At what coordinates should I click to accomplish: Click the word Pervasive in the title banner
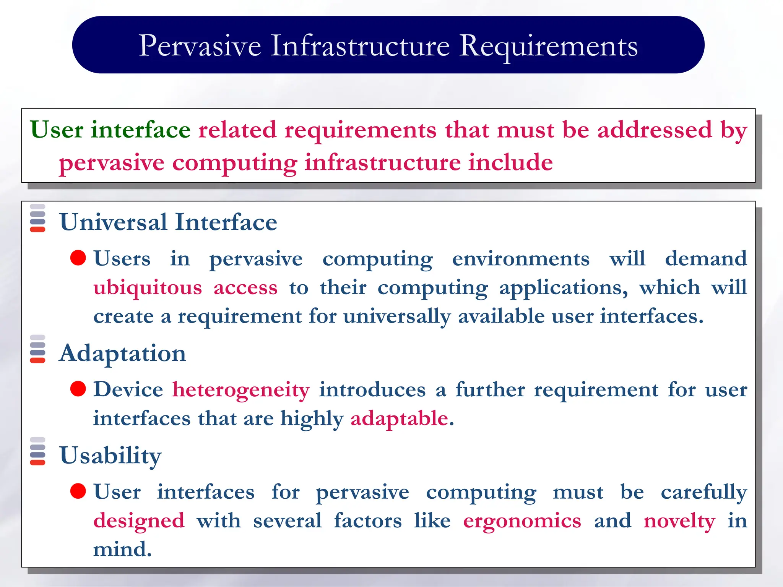200,46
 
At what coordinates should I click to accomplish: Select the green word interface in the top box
140,130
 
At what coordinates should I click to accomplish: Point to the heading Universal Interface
168,222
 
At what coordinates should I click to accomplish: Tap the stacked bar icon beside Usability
37,451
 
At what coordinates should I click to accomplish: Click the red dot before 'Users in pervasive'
78,258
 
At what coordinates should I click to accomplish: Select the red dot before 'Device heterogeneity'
78,389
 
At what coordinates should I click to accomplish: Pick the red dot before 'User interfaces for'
78,491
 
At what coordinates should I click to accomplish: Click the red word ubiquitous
148,287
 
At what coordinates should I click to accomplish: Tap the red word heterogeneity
241,390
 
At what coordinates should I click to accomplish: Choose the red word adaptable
399,418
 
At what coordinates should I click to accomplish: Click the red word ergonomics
522,521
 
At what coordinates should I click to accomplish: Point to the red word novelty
679,521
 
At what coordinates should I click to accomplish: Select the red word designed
139,521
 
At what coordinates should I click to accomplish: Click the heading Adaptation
122,353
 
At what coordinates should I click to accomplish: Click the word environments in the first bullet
521,259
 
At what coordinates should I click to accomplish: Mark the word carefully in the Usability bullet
703,492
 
